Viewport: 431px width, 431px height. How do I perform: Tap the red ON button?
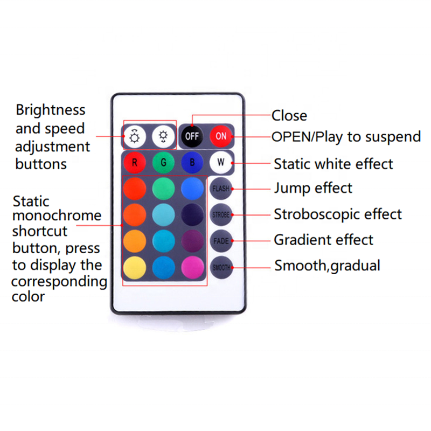click(x=221, y=136)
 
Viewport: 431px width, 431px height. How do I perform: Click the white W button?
click(x=220, y=162)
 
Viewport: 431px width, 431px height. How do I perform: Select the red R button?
click(x=135, y=162)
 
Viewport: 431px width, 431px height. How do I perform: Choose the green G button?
click(x=163, y=162)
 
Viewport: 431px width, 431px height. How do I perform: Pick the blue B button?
click(x=192, y=162)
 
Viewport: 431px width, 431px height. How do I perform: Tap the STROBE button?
click(x=220, y=214)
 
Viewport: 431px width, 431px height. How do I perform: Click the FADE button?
click(x=220, y=240)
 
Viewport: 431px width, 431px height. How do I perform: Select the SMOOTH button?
click(x=220, y=267)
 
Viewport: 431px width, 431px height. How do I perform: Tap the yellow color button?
click(x=135, y=267)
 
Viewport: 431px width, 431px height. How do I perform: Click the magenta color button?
click(x=192, y=267)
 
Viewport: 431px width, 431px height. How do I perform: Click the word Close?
click(x=289, y=115)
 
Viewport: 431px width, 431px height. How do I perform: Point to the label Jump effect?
click(x=313, y=188)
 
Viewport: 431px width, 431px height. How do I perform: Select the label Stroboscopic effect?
click(x=338, y=214)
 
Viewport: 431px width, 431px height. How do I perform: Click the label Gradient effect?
click(x=324, y=239)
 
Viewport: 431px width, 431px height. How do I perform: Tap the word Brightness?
click(x=50, y=110)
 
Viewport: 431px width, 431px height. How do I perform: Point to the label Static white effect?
click(x=333, y=163)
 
